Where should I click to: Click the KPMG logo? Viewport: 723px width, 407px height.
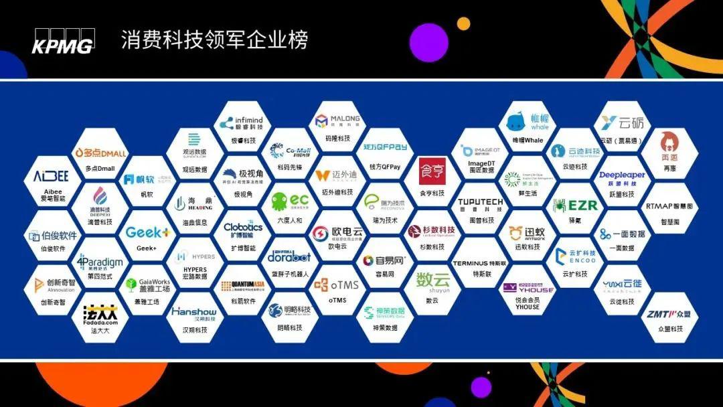point(63,41)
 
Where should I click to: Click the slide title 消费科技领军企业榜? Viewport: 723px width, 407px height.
point(214,40)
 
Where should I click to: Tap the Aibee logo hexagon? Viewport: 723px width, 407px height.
point(51,177)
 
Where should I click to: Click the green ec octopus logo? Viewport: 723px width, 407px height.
point(290,201)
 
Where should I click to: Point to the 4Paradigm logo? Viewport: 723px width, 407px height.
point(100,261)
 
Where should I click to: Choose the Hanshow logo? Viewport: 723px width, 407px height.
point(193,312)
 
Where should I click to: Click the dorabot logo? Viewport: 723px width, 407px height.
point(289,256)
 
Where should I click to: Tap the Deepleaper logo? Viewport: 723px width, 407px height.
point(622,176)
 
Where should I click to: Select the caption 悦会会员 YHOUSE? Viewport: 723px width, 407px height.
point(528,303)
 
